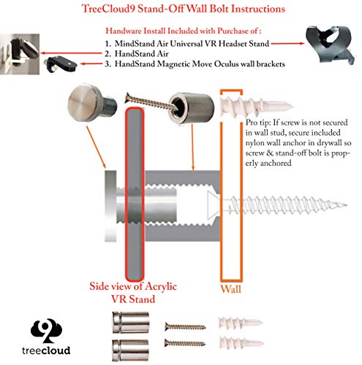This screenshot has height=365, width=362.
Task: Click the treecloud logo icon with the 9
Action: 46,331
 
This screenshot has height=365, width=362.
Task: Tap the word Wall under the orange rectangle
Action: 230,289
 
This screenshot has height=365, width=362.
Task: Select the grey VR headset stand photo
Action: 331,45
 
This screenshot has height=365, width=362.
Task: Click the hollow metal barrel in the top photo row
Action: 192,107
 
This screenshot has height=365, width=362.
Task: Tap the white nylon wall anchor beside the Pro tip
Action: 256,105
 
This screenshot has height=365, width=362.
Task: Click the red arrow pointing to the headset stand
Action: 287,44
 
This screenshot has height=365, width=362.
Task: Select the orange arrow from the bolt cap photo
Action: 96,147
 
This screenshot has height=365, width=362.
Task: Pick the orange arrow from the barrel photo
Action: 192,147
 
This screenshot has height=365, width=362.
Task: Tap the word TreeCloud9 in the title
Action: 108,9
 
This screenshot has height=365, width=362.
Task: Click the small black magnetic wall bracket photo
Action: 61,64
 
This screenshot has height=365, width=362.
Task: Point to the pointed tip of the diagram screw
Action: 347,205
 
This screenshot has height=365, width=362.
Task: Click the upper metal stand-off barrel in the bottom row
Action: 131,323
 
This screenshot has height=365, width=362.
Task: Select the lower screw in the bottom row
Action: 185,343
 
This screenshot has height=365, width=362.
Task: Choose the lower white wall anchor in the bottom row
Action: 241,342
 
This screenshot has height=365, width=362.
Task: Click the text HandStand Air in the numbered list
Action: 141,53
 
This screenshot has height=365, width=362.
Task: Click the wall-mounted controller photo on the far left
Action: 20,54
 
